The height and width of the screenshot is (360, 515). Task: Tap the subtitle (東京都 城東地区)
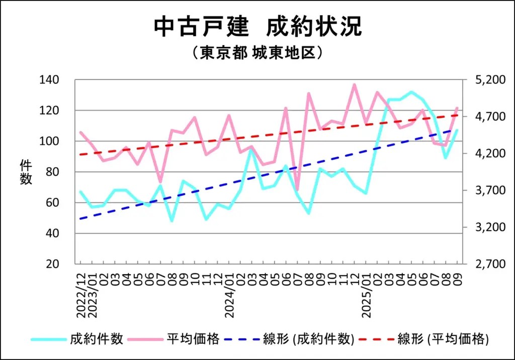point(257,53)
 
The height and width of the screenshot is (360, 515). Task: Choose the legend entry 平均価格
point(193,339)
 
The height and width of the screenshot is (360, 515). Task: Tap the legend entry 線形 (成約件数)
point(308,339)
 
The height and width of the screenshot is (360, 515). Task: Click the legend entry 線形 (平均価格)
point(443,339)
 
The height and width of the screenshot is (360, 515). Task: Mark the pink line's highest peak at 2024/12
point(355,84)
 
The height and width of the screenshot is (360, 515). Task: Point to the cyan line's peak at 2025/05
point(411,92)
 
